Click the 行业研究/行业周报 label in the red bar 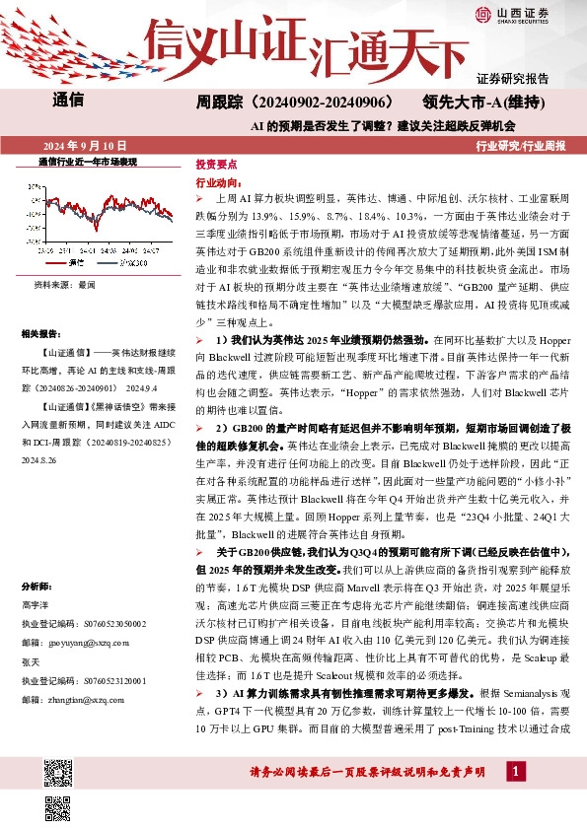point(522,145)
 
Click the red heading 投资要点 point(215,165)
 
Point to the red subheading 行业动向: point(218,183)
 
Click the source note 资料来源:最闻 point(65,284)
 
